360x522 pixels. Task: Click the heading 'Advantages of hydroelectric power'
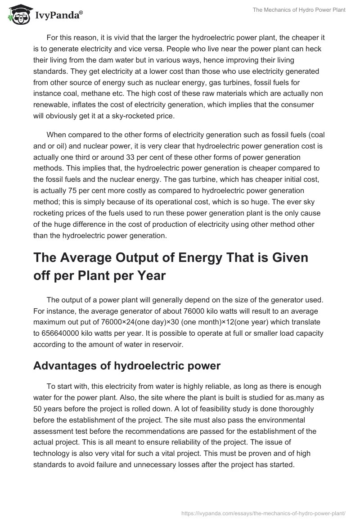[x=127, y=365]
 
